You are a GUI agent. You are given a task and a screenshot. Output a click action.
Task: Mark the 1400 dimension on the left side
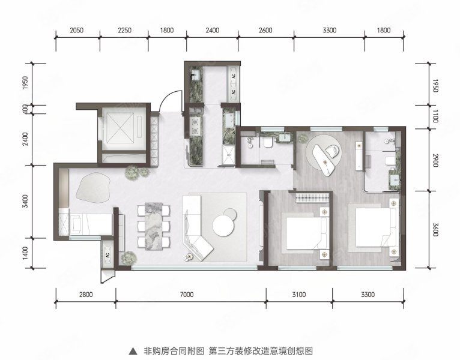coord(25,254)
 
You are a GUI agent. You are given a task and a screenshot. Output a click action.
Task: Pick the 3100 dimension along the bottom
coord(298,294)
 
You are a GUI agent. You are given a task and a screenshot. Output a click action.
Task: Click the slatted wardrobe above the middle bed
coord(313,197)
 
